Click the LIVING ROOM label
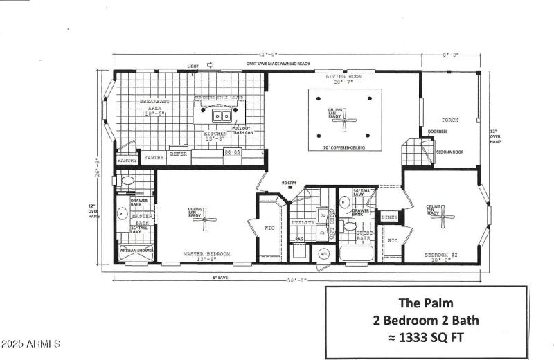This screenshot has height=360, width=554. pyautogui.click(x=345, y=77)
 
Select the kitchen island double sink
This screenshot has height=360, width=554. pyautogui.click(x=222, y=116)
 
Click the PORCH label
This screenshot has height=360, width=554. pyautogui.click(x=450, y=120)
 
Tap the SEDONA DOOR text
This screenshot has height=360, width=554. pyautogui.click(x=449, y=152)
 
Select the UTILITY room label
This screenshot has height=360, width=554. pyautogui.click(x=303, y=222)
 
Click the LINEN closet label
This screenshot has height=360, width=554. pyautogui.click(x=390, y=217)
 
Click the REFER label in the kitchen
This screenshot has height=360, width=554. pyautogui.click(x=179, y=154)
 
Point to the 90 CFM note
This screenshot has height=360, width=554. pyautogui.click(x=288, y=183)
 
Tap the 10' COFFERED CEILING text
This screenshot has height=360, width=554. pyautogui.click(x=345, y=147)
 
